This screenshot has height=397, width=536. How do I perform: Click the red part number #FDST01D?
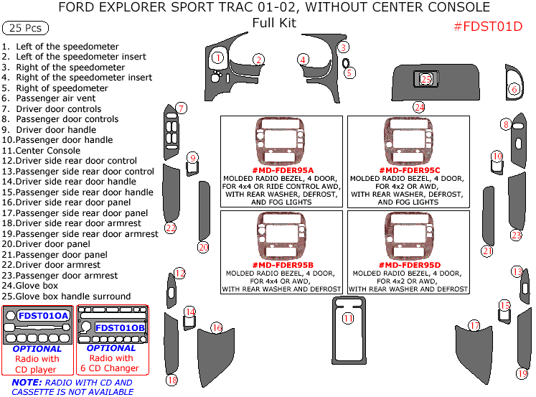coord(488,27)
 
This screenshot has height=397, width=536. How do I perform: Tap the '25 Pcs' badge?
coord(26,29)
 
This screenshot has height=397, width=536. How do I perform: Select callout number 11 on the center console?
coord(348,318)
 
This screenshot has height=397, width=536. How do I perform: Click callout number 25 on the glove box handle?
coord(426,79)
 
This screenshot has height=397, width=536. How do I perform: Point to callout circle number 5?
coord(349,72)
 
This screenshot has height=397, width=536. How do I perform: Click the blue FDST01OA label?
coord(44,315)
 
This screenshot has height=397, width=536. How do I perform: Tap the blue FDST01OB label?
coord(120,327)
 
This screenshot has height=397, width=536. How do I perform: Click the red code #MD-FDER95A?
coord(283,170)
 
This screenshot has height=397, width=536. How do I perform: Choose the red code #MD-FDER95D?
coord(409,265)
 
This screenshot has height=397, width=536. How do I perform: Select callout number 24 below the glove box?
coord(419,107)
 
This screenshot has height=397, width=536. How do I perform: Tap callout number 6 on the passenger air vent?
coord(514,89)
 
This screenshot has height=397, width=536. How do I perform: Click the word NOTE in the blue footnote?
coord(27,383)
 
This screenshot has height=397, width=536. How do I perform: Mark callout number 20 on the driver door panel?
coord(203,247)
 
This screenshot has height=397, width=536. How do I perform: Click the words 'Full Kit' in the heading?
coord(274,22)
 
